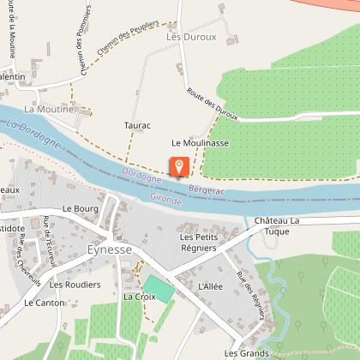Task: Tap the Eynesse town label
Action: (x=109, y=249)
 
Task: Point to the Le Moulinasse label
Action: (x=200, y=143)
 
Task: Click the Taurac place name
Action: (x=137, y=125)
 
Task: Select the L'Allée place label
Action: (x=210, y=285)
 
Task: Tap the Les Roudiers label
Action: (x=70, y=284)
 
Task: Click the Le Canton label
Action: (x=44, y=303)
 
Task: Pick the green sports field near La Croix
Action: (x=159, y=287)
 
